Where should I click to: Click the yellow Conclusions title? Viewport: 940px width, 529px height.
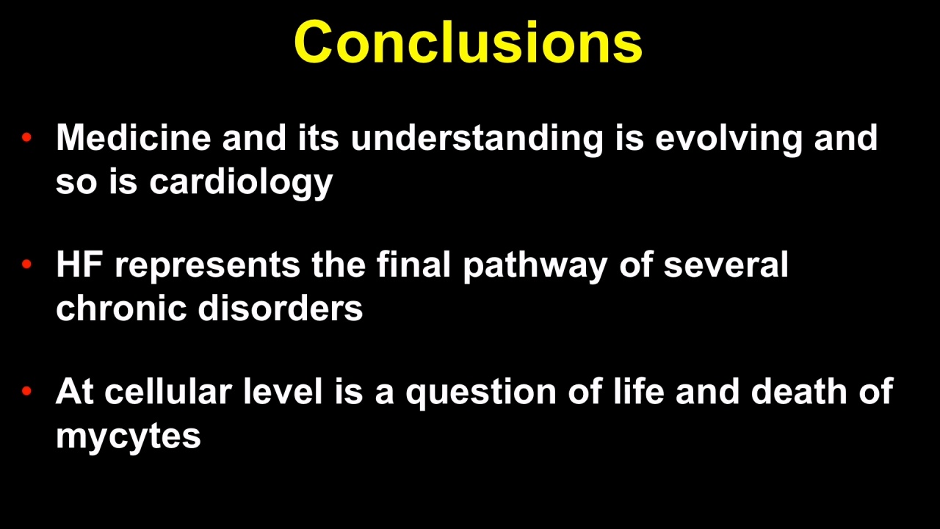click(x=469, y=43)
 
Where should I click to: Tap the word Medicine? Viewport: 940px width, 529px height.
click(x=134, y=137)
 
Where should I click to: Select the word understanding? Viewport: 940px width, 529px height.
click(x=477, y=140)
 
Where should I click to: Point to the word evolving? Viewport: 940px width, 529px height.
click(x=729, y=140)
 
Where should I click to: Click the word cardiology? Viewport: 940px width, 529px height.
click(x=242, y=184)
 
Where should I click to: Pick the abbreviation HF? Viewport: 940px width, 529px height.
click(x=80, y=264)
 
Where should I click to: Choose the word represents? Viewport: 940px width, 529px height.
click(x=208, y=267)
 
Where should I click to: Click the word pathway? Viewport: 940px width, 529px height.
click(x=535, y=267)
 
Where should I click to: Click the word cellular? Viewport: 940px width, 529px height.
click(x=168, y=392)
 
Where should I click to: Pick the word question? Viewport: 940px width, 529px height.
click(x=481, y=394)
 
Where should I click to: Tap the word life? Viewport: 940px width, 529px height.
click(x=639, y=391)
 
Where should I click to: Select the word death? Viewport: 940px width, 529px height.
click(x=799, y=391)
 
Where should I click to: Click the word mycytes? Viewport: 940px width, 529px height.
click(x=129, y=437)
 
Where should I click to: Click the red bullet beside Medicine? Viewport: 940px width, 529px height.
click(x=26, y=137)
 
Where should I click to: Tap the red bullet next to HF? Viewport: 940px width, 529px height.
click(x=26, y=264)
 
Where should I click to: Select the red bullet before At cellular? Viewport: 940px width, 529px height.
click(x=26, y=392)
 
